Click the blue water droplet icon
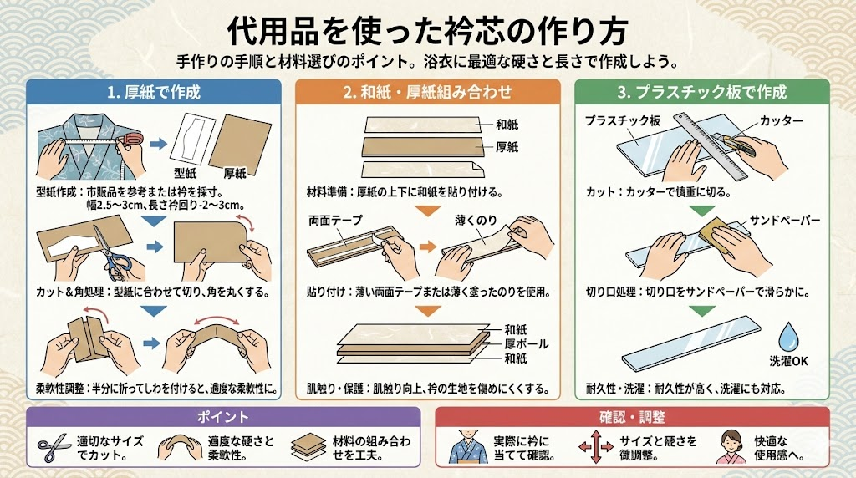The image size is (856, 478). (787, 337)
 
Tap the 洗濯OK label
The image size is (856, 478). (788, 361)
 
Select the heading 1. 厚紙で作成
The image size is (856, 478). (154, 92)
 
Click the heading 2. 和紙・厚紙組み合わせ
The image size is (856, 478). (427, 92)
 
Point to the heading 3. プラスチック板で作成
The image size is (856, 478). (701, 92)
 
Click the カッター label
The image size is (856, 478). (781, 120)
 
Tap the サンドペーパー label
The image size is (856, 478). (785, 221)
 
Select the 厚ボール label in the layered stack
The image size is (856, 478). (527, 343)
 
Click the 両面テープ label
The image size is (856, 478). (335, 221)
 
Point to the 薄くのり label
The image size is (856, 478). (476, 220)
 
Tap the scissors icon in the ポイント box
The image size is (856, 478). (53, 449)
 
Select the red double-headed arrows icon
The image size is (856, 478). (595, 446)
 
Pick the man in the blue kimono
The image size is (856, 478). (468, 446)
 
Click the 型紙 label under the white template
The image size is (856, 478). (185, 173)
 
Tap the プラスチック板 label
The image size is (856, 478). (622, 120)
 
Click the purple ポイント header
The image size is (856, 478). (222, 417)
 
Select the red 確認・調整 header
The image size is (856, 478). (632, 417)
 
